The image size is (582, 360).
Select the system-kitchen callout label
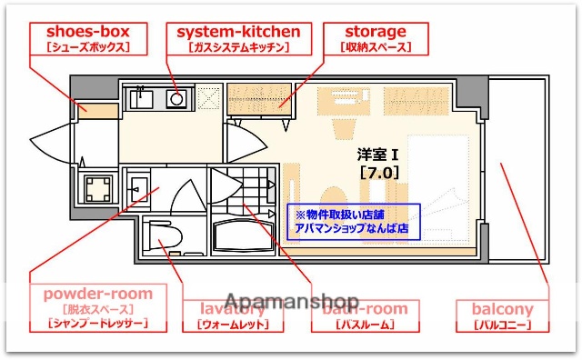click(237, 38)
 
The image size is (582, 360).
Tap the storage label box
click(375, 38)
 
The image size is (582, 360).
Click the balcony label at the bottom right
click(502, 315)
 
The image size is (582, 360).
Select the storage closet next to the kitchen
click(259, 97)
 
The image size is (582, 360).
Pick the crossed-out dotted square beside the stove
click(208, 95)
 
